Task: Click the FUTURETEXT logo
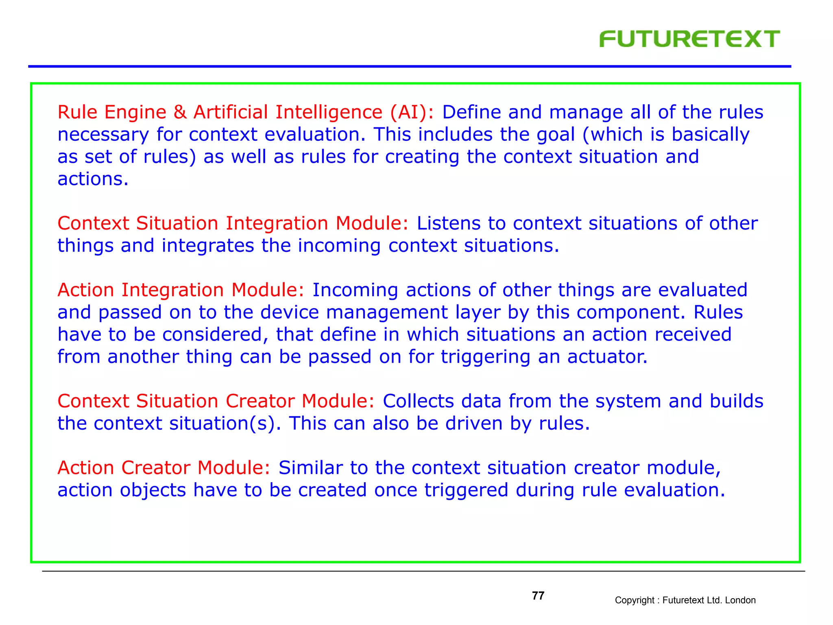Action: [x=689, y=39]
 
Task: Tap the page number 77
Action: [x=538, y=596]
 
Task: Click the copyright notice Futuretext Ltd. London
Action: [x=685, y=600]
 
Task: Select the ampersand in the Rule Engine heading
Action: [x=180, y=112]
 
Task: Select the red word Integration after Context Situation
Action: [x=277, y=223]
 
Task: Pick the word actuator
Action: [x=607, y=357]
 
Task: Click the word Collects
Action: [x=418, y=401]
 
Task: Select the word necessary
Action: [x=103, y=135]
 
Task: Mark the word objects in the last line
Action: [x=153, y=490]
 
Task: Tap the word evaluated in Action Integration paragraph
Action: [x=702, y=290]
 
